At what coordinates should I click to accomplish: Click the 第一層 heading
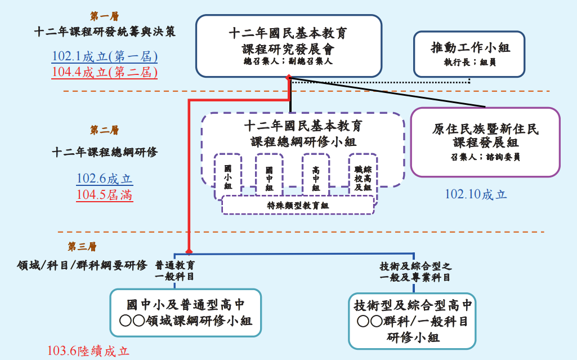tap(104, 16)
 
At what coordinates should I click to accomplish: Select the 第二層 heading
tap(104, 130)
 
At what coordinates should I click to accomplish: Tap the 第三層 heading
tap(82, 247)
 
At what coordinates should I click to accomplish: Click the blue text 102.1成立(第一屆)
tap(105, 57)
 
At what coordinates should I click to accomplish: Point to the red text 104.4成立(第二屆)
tap(105, 73)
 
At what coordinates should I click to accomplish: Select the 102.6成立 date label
tap(105, 179)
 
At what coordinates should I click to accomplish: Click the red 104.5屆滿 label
tap(105, 195)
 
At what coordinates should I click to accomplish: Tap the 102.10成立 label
tap(476, 194)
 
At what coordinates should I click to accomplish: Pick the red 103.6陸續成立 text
tap(88, 351)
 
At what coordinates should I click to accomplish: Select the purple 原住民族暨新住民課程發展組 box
tap(485, 142)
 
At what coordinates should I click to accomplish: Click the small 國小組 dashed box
tap(227, 176)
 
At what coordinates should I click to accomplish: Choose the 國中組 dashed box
tap(269, 176)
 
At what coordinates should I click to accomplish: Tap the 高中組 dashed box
tap(315, 176)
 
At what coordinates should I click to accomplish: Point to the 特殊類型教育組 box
tap(298, 206)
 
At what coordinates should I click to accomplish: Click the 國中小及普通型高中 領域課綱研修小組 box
tap(185, 313)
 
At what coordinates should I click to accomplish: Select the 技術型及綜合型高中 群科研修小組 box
tap(412, 321)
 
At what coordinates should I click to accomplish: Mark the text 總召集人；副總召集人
tap(288, 61)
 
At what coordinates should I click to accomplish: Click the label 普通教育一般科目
tap(175, 270)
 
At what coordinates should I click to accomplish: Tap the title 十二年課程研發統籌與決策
tap(105, 32)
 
